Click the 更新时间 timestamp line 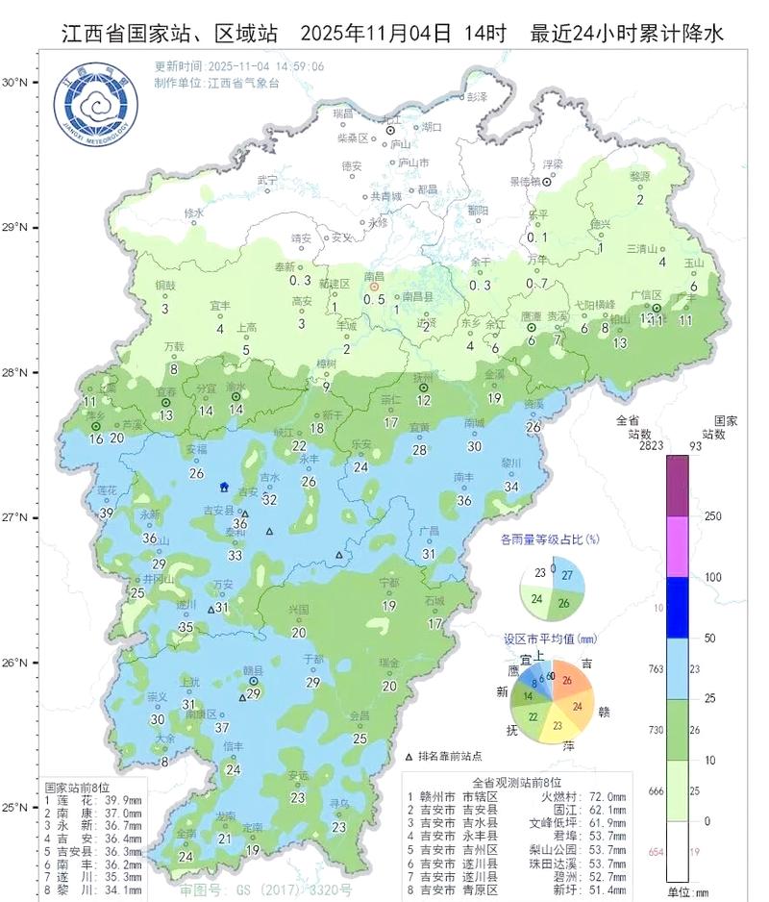(238, 66)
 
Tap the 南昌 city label (374, 275)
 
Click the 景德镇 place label (525, 181)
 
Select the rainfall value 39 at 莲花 (106, 514)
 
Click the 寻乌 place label (338, 803)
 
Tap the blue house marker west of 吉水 (225, 487)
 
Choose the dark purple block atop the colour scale (679, 485)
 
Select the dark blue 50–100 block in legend (679, 608)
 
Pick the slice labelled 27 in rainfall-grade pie (567, 575)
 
